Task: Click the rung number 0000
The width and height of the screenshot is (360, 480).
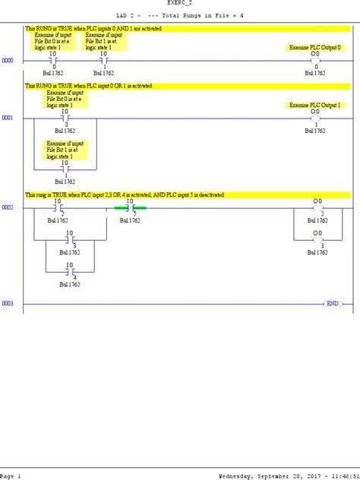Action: click(x=8, y=60)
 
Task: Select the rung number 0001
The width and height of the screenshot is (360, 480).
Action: click(x=8, y=118)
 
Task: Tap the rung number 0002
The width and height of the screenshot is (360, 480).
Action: click(x=8, y=207)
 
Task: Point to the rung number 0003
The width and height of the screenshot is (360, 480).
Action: click(x=8, y=304)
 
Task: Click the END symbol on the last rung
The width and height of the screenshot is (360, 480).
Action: click(x=332, y=304)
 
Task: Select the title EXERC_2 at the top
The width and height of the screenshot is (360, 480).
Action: click(x=180, y=3)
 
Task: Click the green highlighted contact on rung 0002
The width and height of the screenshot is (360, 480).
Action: click(x=130, y=207)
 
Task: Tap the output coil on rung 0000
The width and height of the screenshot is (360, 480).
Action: click(x=316, y=60)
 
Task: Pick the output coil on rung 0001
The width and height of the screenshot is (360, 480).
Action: click(x=316, y=118)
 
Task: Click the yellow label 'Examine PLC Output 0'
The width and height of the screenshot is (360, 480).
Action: click(x=315, y=47)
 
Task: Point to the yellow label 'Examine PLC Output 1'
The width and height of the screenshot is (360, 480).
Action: click(x=314, y=105)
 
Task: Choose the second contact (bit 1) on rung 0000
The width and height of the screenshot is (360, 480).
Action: click(x=103, y=60)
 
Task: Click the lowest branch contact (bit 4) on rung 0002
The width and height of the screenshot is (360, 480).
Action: click(x=69, y=270)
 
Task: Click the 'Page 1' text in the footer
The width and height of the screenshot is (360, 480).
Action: click(x=11, y=475)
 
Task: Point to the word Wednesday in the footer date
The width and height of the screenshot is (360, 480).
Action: click(x=242, y=475)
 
